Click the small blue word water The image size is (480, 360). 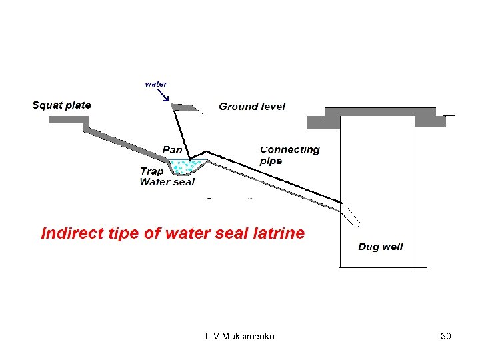[x=156, y=84]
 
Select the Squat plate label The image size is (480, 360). [x=61, y=105]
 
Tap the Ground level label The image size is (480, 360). [x=252, y=106]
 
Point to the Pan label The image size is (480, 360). [x=173, y=149]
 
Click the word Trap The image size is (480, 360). [x=151, y=171]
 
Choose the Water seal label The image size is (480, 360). [x=167, y=181]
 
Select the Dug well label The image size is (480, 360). [x=380, y=247]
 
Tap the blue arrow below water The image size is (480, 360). [x=164, y=96]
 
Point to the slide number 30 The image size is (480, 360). [x=446, y=337]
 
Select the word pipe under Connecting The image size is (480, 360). [x=271, y=161]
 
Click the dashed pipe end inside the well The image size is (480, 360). [x=351, y=214]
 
